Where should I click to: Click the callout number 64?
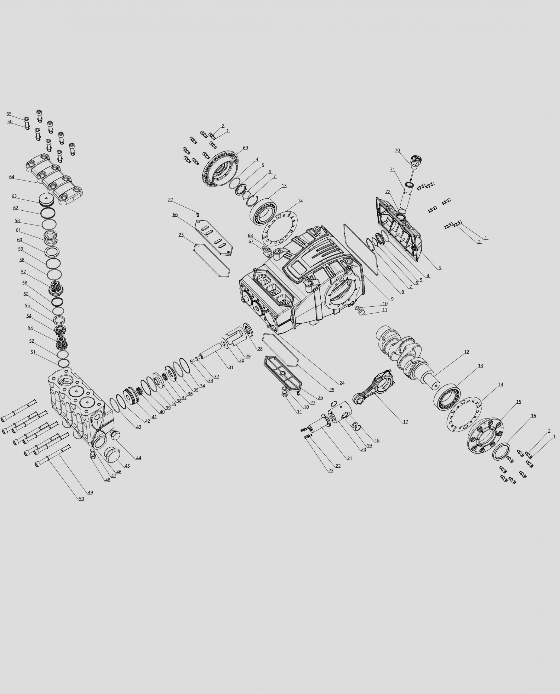click(x=12, y=177)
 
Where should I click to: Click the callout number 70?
click(x=397, y=150)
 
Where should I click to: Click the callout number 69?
click(x=246, y=148)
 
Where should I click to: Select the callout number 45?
click(x=127, y=466)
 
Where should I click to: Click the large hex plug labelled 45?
click(x=112, y=455)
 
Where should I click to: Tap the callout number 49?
click(x=90, y=492)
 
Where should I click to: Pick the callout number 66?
click(x=175, y=214)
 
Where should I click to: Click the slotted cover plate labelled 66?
click(x=214, y=237)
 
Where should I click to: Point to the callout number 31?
click(x=231, y=367)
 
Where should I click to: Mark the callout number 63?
click(x=14, y=196)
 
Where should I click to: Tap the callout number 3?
click(x=439, y=268)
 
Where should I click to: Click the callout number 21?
click(x=350, y=458)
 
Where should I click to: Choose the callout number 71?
click(x=392, y=169)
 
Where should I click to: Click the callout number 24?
click(x=342, y=383)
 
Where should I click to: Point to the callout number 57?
click(x=24, y=272)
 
